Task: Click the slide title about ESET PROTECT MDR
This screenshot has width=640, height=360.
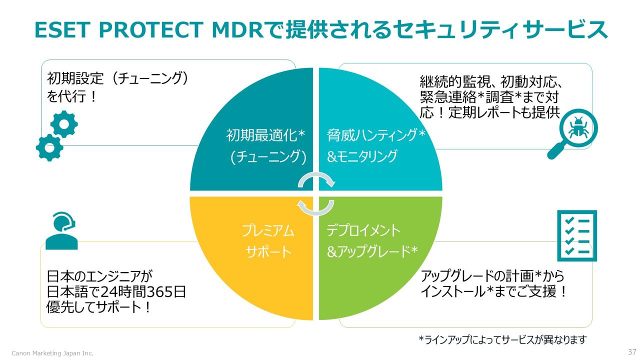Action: (x=320, y=30)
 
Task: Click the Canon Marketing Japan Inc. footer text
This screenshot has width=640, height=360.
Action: (x=52, y=353)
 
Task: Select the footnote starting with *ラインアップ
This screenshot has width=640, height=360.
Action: (x=502, y=340)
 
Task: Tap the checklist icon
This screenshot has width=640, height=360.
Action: (x=577, y=235)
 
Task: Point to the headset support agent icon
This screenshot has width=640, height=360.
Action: (x=61, y=230)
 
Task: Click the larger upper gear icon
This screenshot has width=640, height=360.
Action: (x=64, y=124)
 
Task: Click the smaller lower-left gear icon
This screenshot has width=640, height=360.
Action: (x=49, y=147)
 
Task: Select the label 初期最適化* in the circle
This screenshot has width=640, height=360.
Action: (x=265, y=135)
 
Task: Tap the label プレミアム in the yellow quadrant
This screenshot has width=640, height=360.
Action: (x=268, y=230)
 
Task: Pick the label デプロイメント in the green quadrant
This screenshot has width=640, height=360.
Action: (x=363, y=230)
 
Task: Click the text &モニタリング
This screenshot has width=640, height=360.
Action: (x=362, y=156)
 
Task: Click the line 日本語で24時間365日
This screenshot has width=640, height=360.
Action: (x=116, y=291)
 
